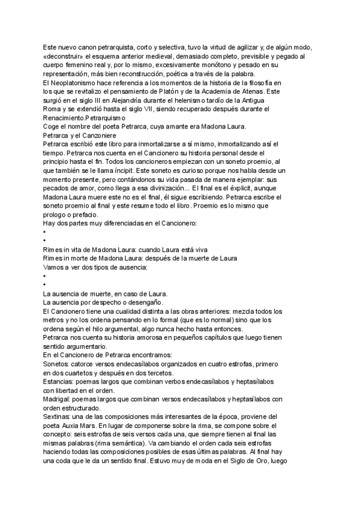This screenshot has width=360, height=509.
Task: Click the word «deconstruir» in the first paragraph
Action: [64, 56]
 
